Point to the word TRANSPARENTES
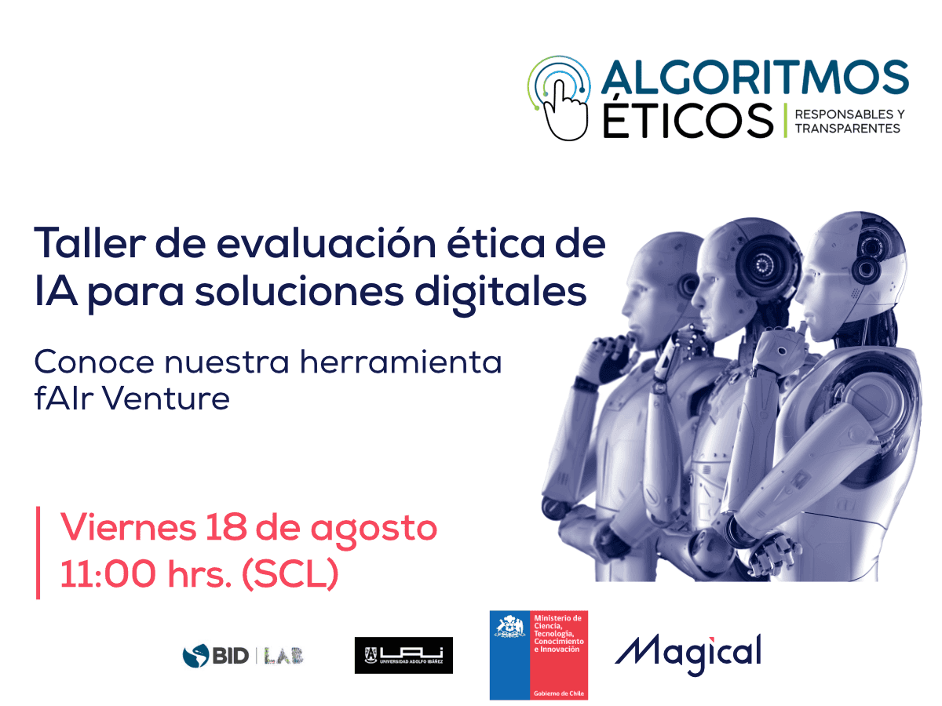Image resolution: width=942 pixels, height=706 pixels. click(847, 129)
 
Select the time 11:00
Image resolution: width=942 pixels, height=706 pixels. click(108, 574)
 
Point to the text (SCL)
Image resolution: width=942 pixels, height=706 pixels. click(290, 574)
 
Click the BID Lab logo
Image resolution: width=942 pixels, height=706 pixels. click(243, 655)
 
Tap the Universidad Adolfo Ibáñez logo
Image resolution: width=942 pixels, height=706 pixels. click(403, 655)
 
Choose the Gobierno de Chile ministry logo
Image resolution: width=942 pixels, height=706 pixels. click(539, 655)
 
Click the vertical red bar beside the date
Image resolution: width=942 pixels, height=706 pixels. click(38, 552)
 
